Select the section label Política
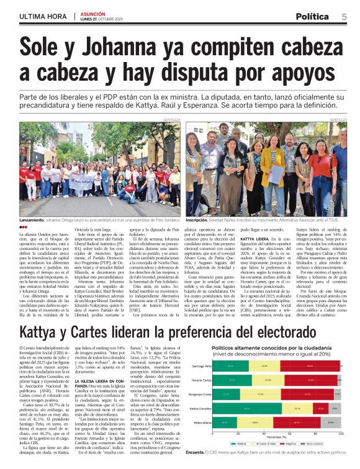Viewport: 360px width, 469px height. (x=312, y=16)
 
